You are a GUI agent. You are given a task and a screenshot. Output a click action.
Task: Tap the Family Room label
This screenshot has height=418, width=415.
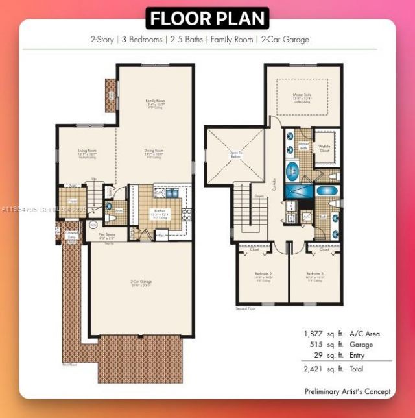click(154, 102)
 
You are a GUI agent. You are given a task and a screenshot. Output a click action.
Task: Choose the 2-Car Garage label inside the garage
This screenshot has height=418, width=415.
click(141, 282)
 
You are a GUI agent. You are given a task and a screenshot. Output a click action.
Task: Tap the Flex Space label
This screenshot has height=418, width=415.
click(107, 236)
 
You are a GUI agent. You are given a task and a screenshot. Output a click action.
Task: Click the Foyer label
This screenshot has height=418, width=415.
click(73, 202)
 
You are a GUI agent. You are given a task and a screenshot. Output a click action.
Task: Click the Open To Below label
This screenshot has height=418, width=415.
click(235, 154)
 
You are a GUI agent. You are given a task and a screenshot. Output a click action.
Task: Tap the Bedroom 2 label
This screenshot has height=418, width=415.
click(263, 275)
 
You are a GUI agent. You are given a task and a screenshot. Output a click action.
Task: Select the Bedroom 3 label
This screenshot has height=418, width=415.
click(314, 275)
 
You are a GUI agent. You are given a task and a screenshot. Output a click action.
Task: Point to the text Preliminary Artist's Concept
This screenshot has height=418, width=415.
click(348, 391)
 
